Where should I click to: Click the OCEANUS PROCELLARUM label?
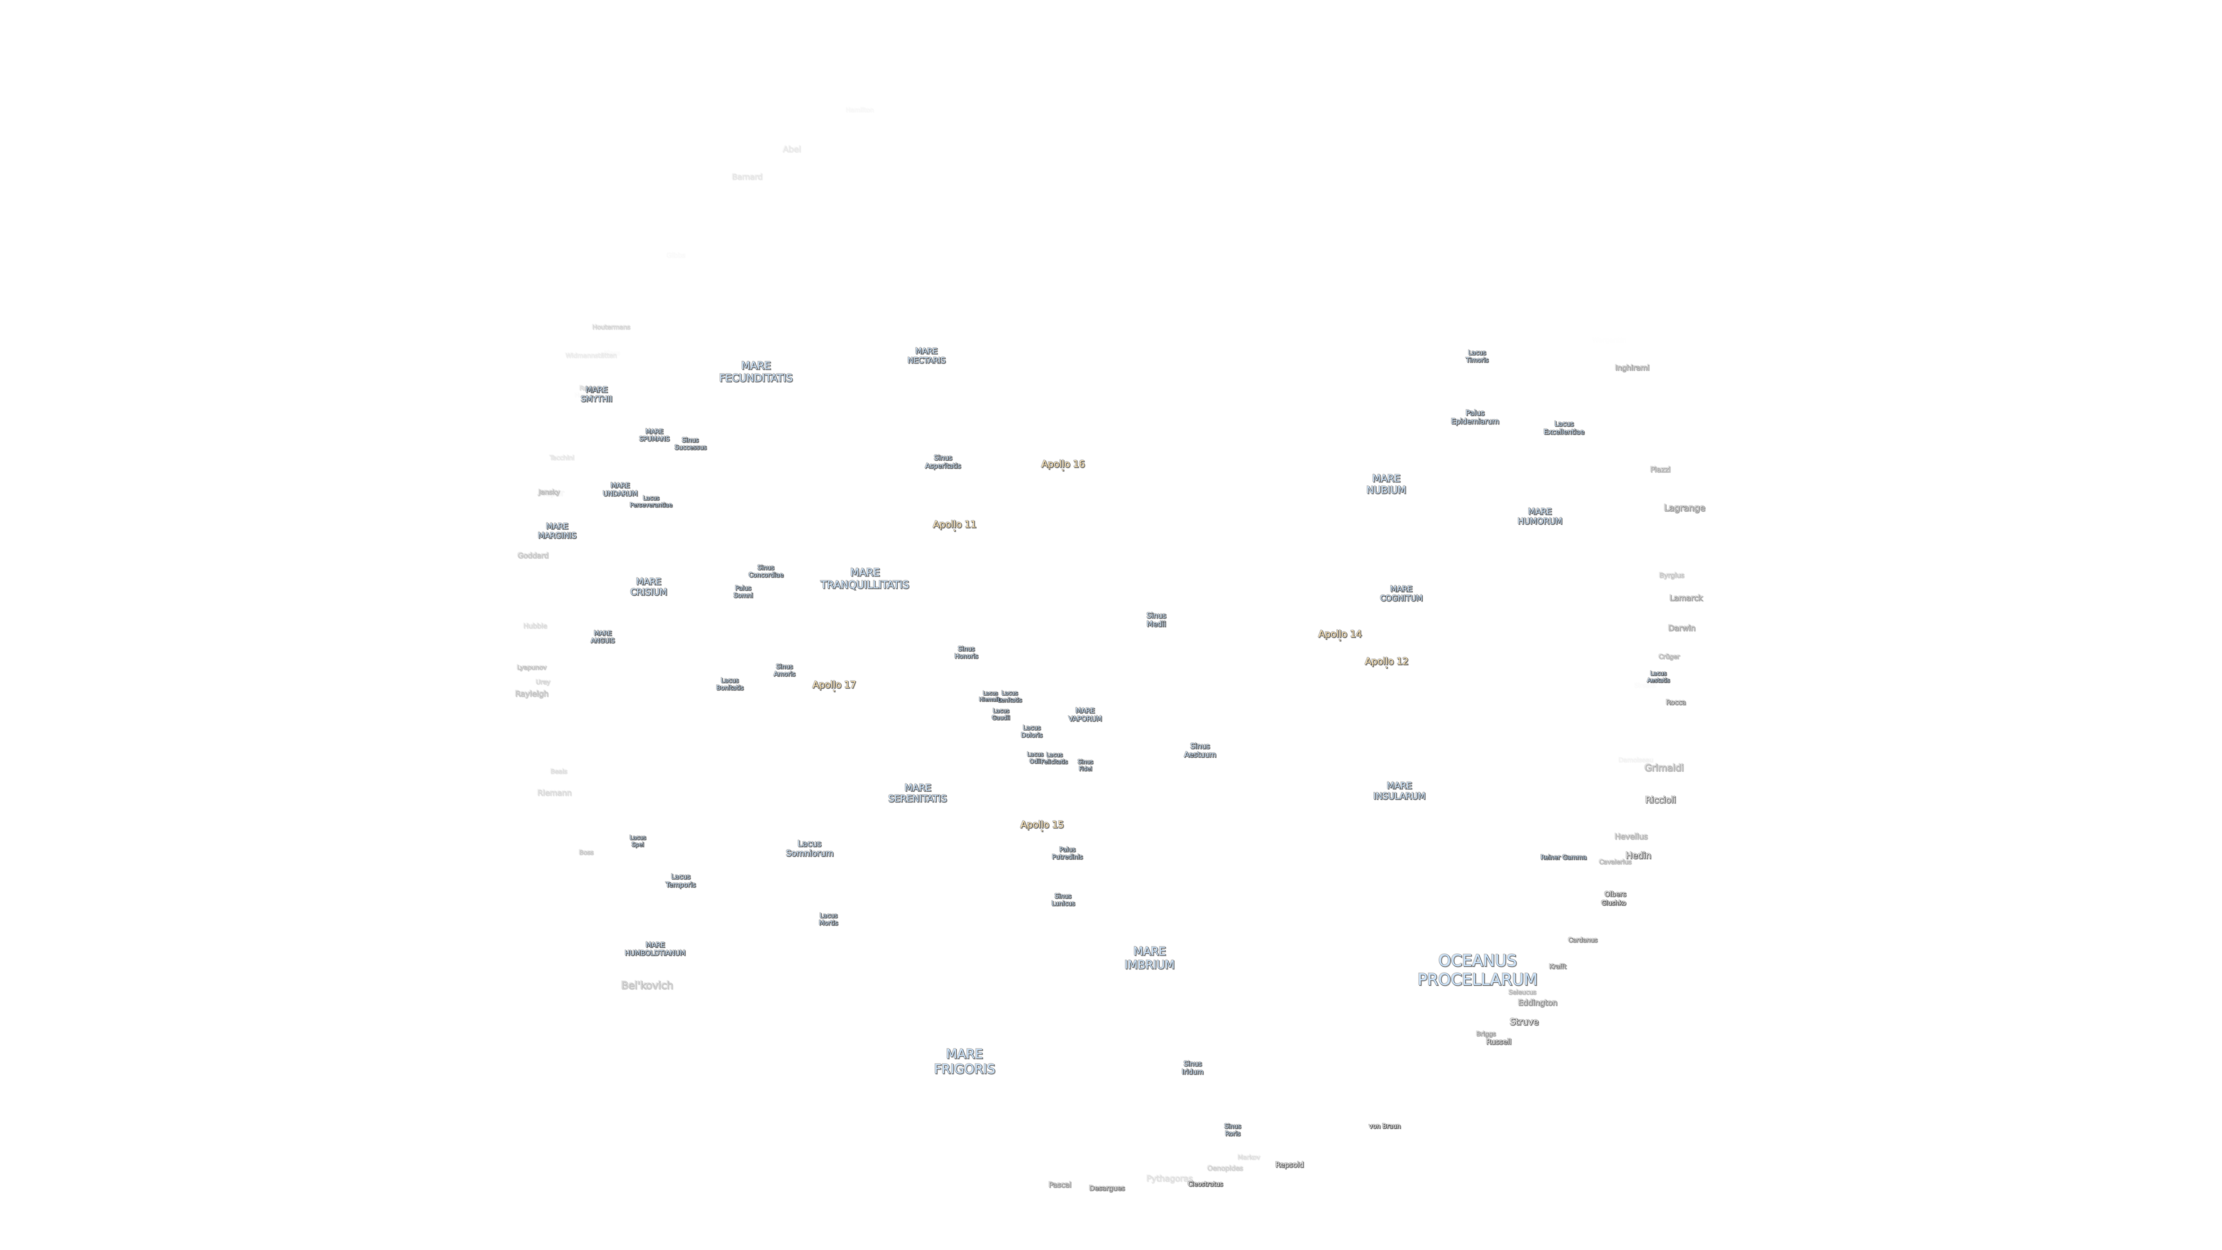[1477, 970]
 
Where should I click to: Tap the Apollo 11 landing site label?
[954, 525]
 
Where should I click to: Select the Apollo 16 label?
[1063, 464]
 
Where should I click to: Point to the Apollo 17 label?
[833, 685]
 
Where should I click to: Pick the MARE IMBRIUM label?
[1149, 958]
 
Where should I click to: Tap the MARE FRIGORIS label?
[964, 1061]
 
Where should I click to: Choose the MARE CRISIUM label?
[648, 586]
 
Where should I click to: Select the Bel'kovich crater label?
[646, 985]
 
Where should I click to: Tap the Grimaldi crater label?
[1663, 768]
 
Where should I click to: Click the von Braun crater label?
[1385, 1126]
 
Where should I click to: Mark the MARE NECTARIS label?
[925, 355]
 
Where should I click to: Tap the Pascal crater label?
[1059, 1184]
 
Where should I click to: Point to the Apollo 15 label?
[1041, 825]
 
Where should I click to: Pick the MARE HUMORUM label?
[1539, 516]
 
